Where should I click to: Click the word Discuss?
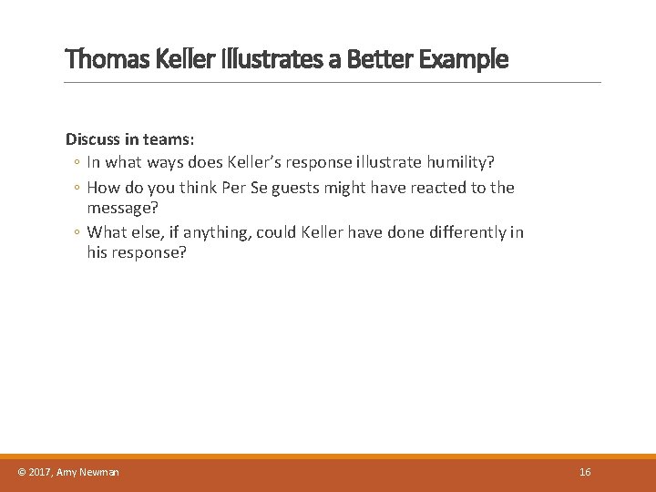[94, 140]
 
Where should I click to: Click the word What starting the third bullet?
[108, 232]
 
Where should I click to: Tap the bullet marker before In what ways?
[77, 163]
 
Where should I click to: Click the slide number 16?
[585, 472]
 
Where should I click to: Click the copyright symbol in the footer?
[22, 472]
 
